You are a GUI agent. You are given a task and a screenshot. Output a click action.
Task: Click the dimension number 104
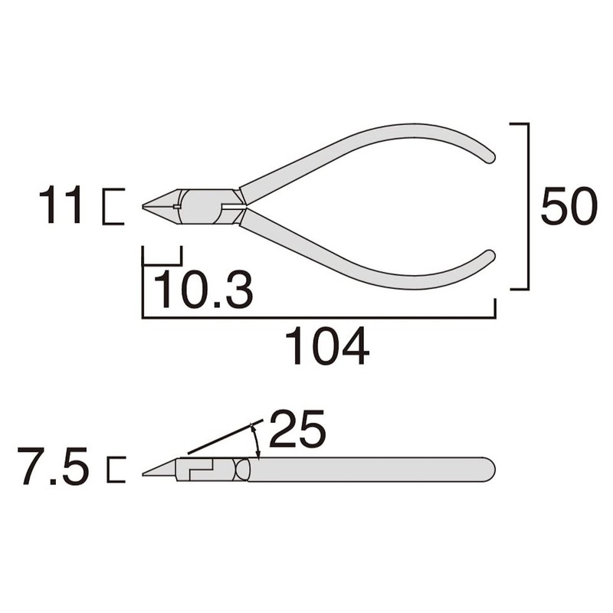pos(327,347)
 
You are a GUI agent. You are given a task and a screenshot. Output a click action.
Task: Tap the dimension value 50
pos(569,207)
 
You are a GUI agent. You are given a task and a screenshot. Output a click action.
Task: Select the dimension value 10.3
pos(204,289)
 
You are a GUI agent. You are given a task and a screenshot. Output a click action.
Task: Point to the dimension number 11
pos(61,206)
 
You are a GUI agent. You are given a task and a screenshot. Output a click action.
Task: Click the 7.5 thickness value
pos(55,469)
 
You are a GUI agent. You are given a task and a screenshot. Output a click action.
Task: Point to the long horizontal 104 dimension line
pos(319,316)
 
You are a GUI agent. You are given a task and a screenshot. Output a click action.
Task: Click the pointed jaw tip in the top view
pos(147,205)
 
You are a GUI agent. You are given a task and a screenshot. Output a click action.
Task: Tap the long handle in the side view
pos(368,469)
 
